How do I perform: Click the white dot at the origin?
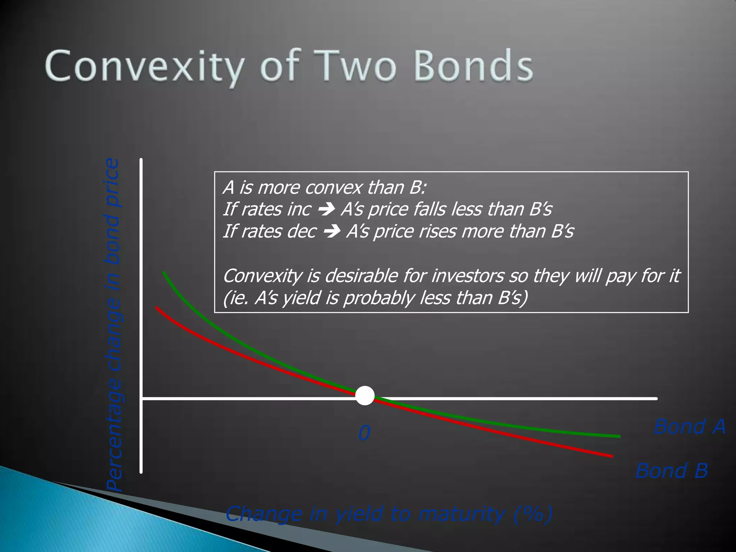[365, 396]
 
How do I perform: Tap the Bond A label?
[690, 427]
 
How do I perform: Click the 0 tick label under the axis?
[364, 433]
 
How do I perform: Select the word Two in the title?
[358, 66]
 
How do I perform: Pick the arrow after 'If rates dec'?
[332, 231]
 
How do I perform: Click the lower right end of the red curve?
[612, 456]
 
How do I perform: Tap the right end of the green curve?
[619, 436]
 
